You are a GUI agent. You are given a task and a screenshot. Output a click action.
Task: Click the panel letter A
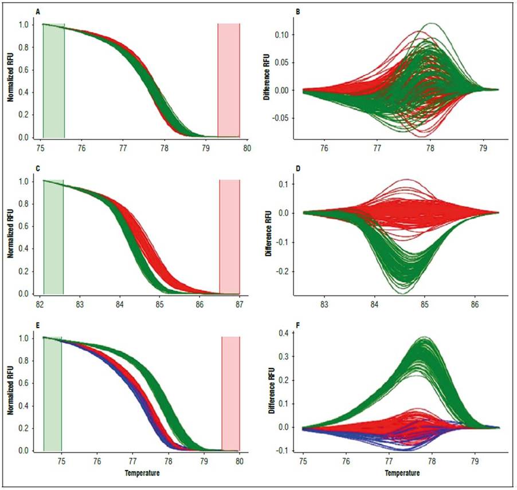click(x=38, y=11)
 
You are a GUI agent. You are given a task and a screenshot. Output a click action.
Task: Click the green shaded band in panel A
click(x=54, y=81)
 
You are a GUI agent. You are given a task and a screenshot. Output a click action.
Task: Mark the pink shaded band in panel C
click(x=230, y=237)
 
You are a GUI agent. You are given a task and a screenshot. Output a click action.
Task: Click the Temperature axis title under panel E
click(x=142, y=473)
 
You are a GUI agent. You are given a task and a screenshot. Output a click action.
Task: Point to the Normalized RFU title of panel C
click(x=11, y=237)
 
